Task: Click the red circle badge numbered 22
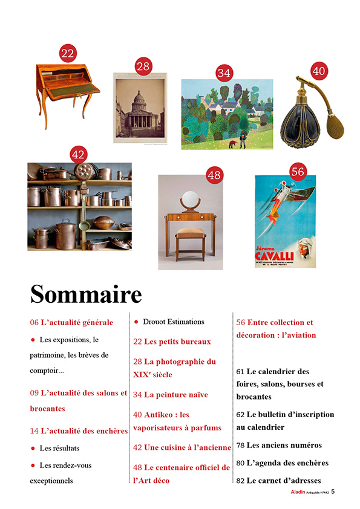pos(68,53)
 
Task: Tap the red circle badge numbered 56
pos(297,172)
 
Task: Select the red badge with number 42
pos(78,155)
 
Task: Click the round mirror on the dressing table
pos(190,198)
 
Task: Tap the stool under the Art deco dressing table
pos(191,240)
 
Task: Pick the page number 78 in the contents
pos(240,446)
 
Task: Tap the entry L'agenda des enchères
pos(287,463)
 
